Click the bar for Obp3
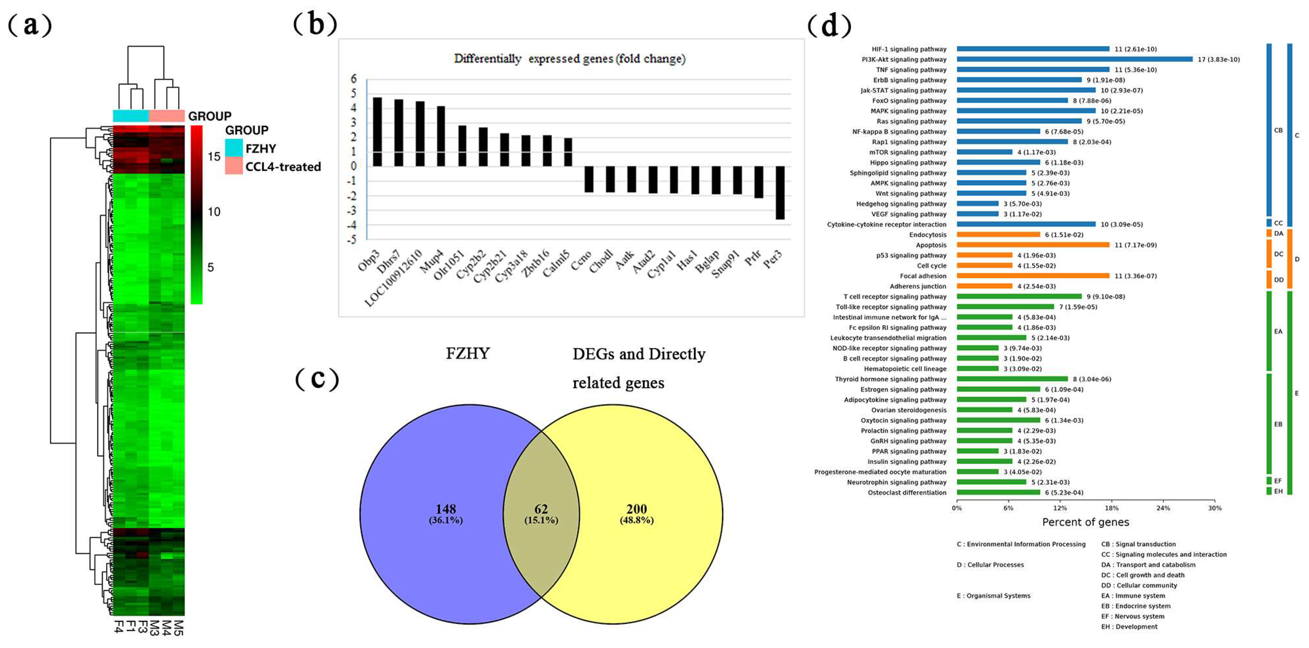[377, 131]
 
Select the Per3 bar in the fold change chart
[780, 193]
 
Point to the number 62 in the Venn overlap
[541, 509]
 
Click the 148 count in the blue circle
[446, 509]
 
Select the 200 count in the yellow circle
[636, 509]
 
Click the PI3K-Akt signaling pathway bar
[1074, 59]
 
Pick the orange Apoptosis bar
[1032, 245]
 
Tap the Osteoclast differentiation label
[907, 493]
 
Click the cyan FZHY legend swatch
[234, 148]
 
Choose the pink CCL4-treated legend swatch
[234, 166]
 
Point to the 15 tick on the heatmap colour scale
[214, 157]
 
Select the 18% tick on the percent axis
[1111, 508]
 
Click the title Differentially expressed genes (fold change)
[569, 59]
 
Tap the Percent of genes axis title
[1086, 522]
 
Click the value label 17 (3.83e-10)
[1219, 59]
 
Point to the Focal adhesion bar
[1032, 276]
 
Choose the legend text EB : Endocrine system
[1136, 606]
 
